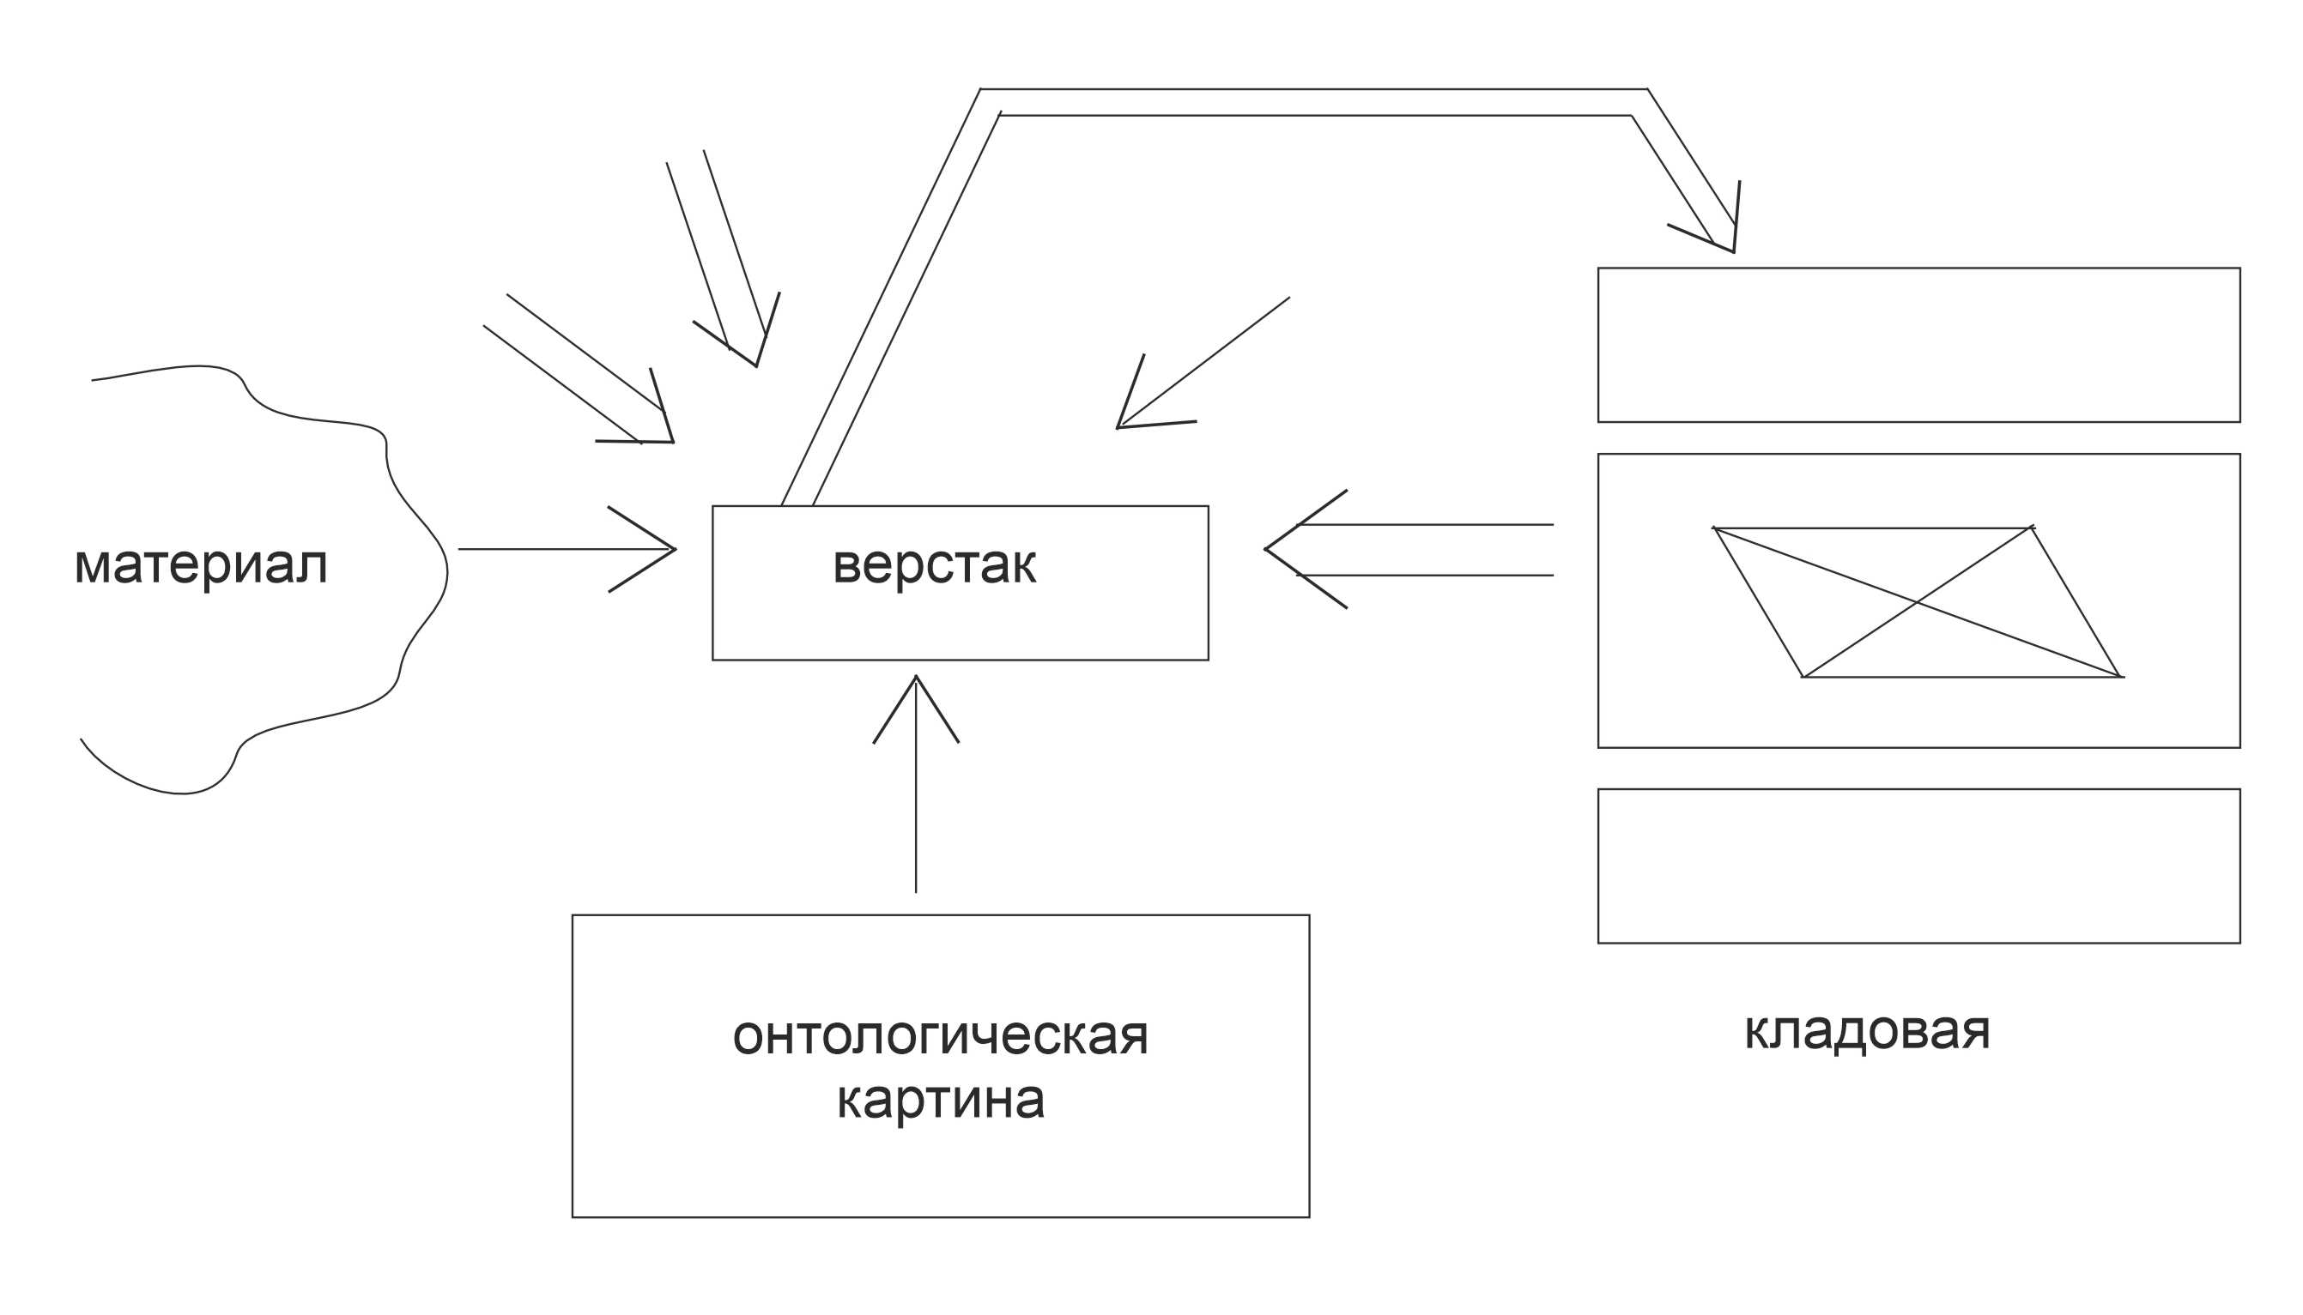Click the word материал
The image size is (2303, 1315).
[201, 565]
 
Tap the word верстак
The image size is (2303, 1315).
[933, 565]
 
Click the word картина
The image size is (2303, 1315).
[940, 1099]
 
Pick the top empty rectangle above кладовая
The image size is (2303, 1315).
[1918, 345]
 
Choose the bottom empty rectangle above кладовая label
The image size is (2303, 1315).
[1918, 866]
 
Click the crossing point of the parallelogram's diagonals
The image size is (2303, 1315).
[1917, 601]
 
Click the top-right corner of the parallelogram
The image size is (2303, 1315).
[2031, 528]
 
